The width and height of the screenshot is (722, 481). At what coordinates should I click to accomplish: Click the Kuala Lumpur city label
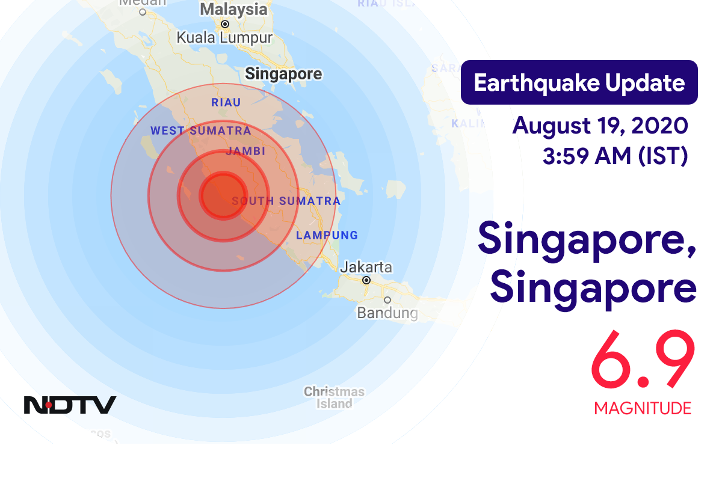pyautogui.click(x=224, y=37)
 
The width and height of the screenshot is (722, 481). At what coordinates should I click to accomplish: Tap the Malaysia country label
pyautogui.click(x=233, y=10)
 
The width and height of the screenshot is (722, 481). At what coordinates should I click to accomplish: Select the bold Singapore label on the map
pyautogui.click(x=283, y=74)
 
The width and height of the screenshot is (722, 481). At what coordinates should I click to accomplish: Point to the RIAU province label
pyautogui.click(x=226, y=103)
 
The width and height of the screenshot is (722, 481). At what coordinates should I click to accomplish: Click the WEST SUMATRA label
pyautogui.click(x=200, y=130)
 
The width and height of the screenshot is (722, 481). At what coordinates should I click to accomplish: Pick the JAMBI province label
pyautogui.click(x=245, y=152)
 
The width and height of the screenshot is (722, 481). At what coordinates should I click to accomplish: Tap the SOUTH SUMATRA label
pyautogui.click(x=286, y=201)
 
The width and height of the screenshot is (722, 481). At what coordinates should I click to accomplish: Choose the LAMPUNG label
pyautogui.click(x=327, y=235)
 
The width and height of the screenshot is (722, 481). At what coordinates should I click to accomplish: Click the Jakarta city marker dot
pyautogui.click(x=366, y=280)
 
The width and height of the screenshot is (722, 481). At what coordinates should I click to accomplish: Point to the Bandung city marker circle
pyautogui.click(x=387, y=299)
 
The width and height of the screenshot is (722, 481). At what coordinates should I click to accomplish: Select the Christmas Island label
pyautogui.click(x=334, y=397)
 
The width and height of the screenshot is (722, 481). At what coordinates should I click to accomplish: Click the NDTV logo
pyautogui.click(x=70, y=405)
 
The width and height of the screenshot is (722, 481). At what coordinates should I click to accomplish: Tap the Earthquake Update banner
pyautogui.click(x=579, y=82)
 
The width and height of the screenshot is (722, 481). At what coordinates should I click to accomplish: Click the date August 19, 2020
pyautogui.click(x=600, y=126)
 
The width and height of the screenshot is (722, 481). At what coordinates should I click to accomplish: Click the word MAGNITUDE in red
pyautogui.click(x=643, y=408)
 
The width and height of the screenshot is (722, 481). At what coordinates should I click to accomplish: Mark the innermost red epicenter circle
pyautogui.click(x=223, y=194)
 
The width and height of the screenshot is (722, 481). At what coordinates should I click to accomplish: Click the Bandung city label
pyautogui.click(x=387, y=313)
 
